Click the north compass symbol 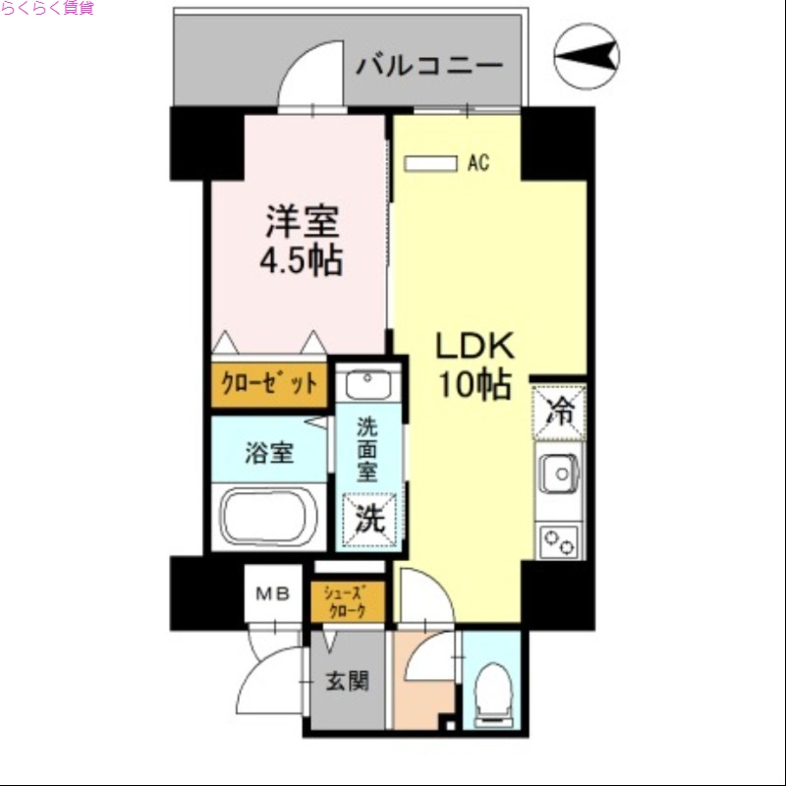[587, 55]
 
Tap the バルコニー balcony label [429, 67]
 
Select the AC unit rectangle [431, 163]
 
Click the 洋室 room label [302, 222]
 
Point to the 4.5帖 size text [301, 261]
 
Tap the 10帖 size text [476, 386]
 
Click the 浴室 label [268, 454]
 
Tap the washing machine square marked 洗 [369, 519]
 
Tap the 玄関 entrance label [348, 681]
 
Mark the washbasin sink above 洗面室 [367, 380]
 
